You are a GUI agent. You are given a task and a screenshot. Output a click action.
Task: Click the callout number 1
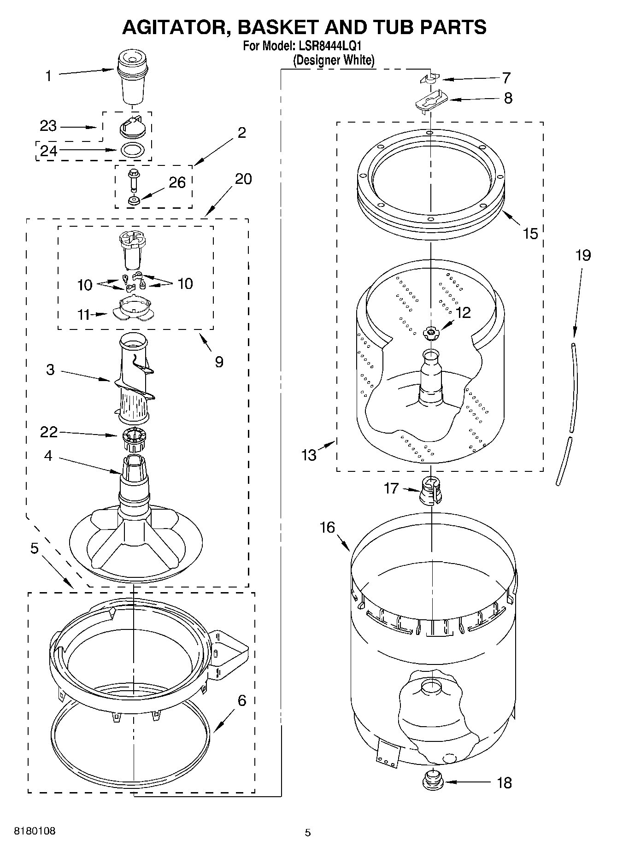click(x=48, y=76)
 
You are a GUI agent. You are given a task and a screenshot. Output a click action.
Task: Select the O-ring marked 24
click(x=133, y=150)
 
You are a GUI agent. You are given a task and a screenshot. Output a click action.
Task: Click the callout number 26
click(x=177, y=183)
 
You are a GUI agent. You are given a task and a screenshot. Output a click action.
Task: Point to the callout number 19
click(x=583, y=255)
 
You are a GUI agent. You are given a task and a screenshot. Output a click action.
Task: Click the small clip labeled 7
click(x=430, y=79)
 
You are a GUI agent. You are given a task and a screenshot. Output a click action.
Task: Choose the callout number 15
click(x=530, y=234)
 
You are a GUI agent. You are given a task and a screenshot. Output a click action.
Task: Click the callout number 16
click(x=328, y=527)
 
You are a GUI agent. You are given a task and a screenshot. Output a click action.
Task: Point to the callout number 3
click(x=50, y=370)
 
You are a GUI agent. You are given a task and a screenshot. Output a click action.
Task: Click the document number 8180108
click(x=35, y=831)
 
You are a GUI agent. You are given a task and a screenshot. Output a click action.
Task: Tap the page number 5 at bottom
click(x=308, y=832)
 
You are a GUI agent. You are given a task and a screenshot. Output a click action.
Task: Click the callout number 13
click(x=309, y=455)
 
